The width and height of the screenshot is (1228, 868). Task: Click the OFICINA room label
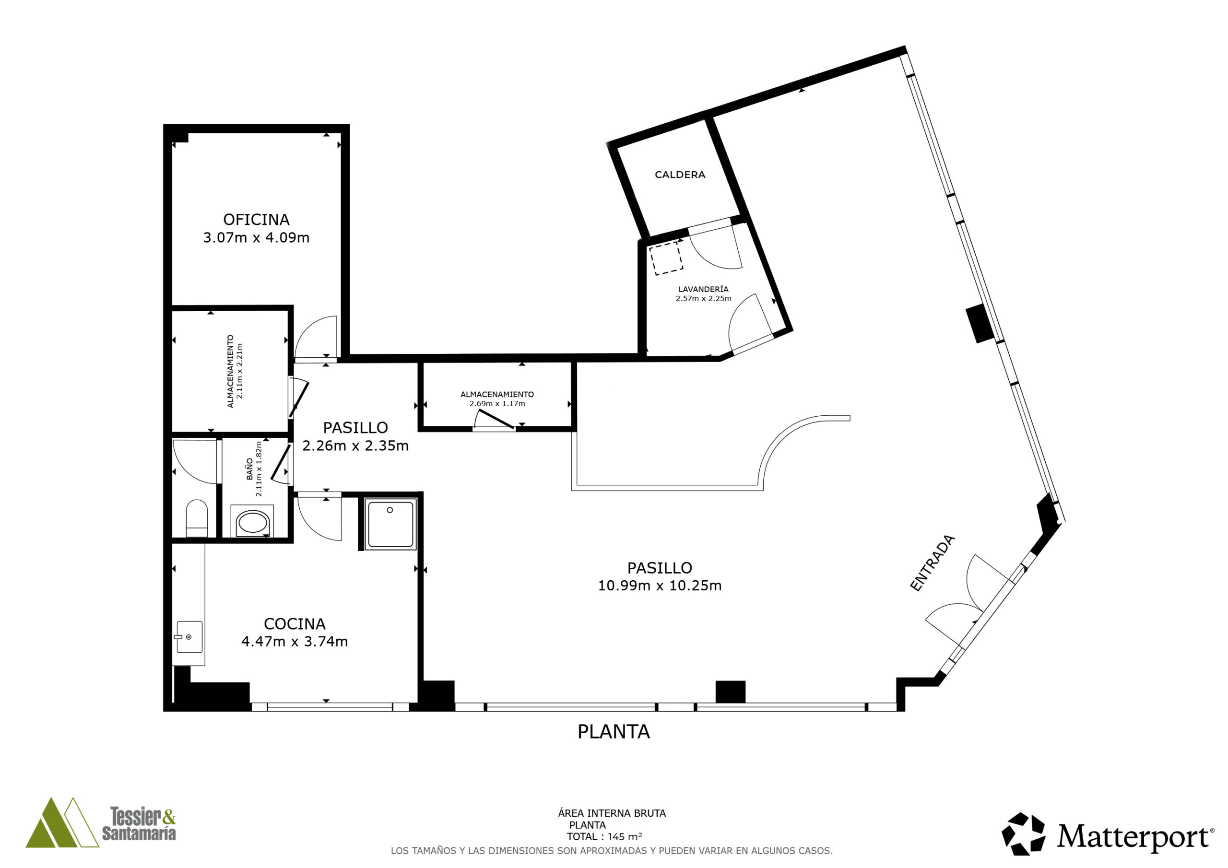(x=256, y=219)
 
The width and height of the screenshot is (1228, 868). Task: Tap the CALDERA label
(x=680, y=175)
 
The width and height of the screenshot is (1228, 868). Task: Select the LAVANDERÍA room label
(x=703, y=289)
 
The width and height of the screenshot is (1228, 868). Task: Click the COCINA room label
(x=295, y=623)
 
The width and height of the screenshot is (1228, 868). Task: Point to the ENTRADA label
(x=932, y=563)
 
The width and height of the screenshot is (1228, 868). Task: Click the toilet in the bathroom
(x=196, y=518)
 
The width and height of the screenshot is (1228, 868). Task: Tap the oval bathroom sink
(x=253, y=523)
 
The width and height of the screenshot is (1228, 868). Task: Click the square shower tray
(x=390, y=524)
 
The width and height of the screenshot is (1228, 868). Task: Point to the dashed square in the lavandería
(x=666, y=258)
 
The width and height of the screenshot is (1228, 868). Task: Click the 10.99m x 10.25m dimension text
(x=660, y=586)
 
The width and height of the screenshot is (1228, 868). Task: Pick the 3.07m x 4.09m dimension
(x=256, y=237)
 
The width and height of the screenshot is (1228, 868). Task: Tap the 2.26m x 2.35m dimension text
(x=355, y=446)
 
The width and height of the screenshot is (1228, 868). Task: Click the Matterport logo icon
(x=1023, y=834)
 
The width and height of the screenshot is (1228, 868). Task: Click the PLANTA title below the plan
(x=614, y=732)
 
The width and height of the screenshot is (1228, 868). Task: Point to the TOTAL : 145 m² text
(x=604, y=837)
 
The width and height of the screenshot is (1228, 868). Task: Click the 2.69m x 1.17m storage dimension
(x=497, y=404)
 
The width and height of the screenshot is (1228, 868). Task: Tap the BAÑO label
(x=250, y=469)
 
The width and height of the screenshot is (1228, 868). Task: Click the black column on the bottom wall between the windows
(x=730, y=692)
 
